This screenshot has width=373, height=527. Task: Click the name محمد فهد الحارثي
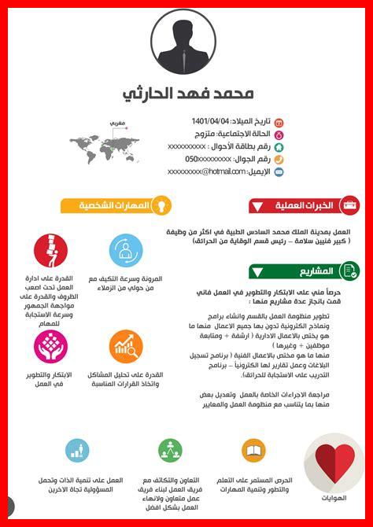click(x=189, y=94)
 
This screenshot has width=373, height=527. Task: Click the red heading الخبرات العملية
click(x=304, y=206)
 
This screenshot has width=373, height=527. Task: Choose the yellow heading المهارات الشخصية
click(x=114, y=206)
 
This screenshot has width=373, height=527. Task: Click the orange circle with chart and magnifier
click(x=125, y=345)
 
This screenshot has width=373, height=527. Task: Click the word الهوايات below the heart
click(x=334, y=497)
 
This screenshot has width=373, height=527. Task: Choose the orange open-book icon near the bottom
click(x=253, y=451)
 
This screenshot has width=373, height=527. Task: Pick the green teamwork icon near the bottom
click(x=170, y=451)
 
